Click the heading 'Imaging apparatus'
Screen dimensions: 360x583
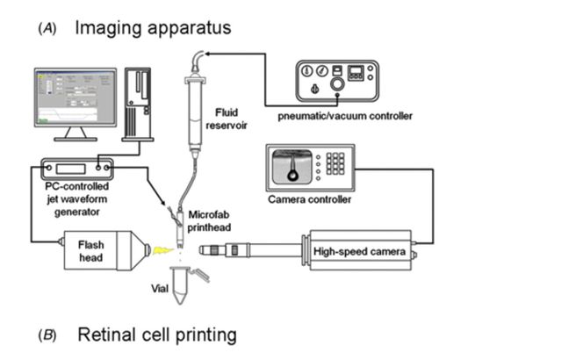[x=153, y=27]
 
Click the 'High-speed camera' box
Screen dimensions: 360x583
[x=359, y=253]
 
